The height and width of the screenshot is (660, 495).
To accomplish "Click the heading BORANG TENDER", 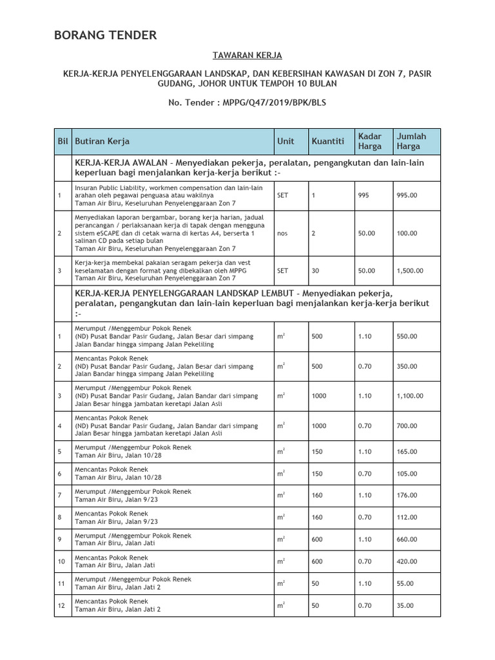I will point(105,35).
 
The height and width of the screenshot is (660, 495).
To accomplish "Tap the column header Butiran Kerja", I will point(102,141).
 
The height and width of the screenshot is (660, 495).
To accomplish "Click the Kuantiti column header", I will point(327,141).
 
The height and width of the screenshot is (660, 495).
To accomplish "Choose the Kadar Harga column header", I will point(370,141).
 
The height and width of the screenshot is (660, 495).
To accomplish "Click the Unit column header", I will point(286,141).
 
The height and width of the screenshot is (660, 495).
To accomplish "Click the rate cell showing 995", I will point(364,195).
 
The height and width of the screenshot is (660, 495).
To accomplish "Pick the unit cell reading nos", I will point(282,233).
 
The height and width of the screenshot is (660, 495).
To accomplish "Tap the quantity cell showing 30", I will point(316,271).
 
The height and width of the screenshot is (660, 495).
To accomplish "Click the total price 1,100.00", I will point(410,396).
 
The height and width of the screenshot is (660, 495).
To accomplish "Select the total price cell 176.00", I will point(407,495).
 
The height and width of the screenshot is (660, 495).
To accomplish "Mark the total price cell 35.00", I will point(405,606).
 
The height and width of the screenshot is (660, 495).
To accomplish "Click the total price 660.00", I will point(407,539).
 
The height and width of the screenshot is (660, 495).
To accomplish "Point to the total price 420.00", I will point(407,562).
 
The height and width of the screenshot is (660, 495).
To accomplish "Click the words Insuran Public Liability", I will point(113,188).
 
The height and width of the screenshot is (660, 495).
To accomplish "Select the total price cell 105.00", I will point(407,473).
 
